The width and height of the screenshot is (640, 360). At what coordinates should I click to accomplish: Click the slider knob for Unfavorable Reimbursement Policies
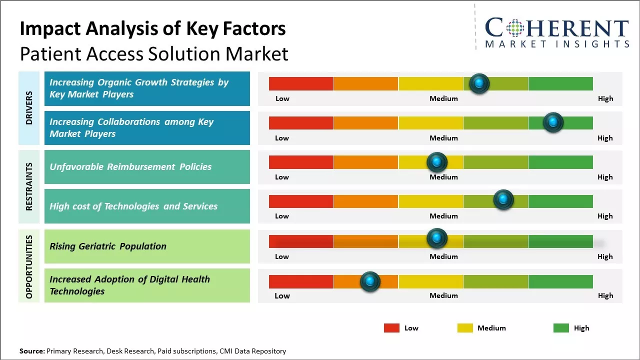point(436,162)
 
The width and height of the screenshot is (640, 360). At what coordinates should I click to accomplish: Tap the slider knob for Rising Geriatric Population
point(436,238)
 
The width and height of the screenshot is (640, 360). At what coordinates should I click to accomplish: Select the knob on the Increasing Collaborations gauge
point(553,122)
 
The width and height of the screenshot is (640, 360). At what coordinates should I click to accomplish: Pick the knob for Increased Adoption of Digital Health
point(370,281)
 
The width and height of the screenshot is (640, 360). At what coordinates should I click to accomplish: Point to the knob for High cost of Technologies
point(503,199)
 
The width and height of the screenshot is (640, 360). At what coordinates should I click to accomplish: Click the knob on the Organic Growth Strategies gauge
point(479,83)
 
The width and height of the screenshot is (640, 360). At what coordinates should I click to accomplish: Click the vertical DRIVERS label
point(29,108)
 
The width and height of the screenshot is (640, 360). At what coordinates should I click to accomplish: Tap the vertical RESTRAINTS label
point(29,186)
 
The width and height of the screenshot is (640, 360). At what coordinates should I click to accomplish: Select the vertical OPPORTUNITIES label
point(29,266)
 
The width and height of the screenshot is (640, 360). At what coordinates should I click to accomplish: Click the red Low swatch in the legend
point(391,328)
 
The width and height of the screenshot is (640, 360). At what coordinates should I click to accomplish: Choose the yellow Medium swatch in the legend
point(465,328)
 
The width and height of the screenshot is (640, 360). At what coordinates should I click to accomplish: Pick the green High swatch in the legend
point(561,328)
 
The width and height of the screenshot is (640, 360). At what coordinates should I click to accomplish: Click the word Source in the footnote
point(32,351)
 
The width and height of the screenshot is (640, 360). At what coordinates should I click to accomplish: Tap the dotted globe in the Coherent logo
point(515,28)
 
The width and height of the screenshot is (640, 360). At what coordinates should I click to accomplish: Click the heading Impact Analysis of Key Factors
point(152,29)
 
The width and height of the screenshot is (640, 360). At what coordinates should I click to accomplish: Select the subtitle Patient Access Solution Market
point(154,53)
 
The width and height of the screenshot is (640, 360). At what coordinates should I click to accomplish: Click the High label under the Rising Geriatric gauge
point(605,256)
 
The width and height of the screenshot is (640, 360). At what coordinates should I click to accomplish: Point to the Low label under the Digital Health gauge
point(282,295)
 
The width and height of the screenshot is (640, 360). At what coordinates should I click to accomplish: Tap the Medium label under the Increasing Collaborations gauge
point(443,138)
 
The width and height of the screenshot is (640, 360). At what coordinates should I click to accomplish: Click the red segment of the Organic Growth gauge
point(301,83)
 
